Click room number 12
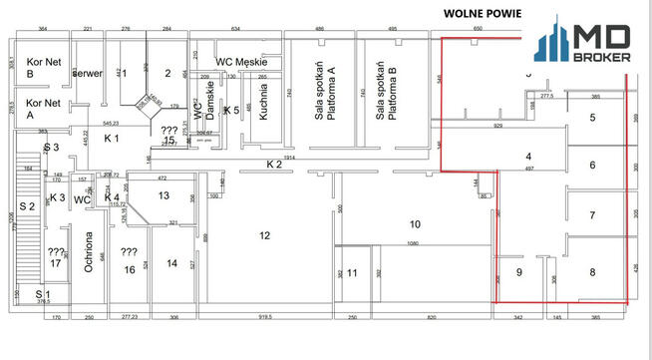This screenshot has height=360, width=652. click(264, 235)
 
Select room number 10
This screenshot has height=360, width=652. click(415, 223)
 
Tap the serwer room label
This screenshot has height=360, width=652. click(89, 74)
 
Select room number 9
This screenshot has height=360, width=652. click(518, 271)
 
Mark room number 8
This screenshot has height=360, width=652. click(592, 271)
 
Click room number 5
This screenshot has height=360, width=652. click(592, 118)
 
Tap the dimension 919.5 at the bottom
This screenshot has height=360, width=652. click(264, 316)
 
